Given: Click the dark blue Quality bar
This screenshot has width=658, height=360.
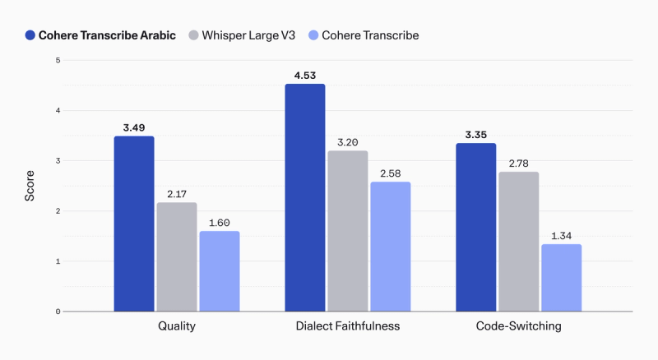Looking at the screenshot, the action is tap(134, 224).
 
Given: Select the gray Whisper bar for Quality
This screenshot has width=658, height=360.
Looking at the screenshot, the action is tap(177, 256).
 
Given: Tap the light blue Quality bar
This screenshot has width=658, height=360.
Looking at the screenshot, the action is tap(220, 271).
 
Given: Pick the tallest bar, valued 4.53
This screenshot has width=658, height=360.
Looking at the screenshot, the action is tap(305, 197).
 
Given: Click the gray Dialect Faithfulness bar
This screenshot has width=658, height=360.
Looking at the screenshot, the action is tap(348, 231).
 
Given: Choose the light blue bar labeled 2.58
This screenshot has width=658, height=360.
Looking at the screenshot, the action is tap(391, 247).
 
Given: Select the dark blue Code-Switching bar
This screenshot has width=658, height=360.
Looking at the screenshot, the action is tap(476, 227).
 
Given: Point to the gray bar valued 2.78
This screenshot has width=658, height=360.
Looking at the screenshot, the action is tap(519, 242).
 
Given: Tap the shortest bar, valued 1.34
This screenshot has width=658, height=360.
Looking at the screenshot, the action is tap(562, 278).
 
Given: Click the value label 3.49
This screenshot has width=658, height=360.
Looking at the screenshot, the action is tap(134, 127).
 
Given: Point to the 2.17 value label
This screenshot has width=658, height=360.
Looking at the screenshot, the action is tap(177, 194).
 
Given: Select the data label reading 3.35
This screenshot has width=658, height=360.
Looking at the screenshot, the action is tap(476, 135).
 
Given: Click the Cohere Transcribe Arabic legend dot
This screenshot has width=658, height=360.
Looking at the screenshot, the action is tap(30, 35).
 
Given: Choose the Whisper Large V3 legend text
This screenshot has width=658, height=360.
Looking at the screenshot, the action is tap(248, 35).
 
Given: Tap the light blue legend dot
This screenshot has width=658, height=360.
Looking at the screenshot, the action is tap(313, 35).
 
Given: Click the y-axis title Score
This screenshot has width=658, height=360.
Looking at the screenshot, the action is tap(30, 186).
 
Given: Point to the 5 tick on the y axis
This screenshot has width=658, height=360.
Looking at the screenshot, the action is tap(58, 61).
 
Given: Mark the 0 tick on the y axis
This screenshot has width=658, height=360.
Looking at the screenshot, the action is tap(58, 312).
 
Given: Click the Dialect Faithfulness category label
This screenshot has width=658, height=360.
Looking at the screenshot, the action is tap(348, 326).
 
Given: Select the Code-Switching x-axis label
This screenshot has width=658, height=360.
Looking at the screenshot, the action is tap(519, 326).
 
